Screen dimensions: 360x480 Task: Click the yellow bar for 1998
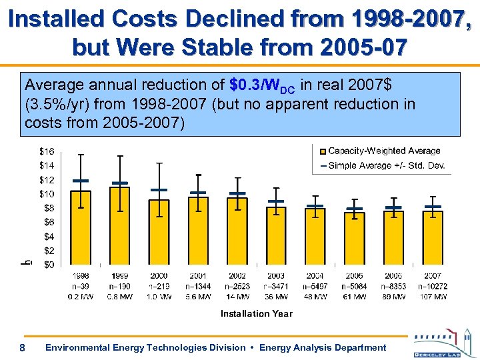coord(81,227)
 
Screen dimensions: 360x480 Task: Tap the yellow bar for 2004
coord(315,236)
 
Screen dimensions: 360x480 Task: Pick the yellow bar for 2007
coord(433,237)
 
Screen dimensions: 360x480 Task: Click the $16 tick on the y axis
coord(46,151)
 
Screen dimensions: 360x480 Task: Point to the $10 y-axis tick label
coord(46,194)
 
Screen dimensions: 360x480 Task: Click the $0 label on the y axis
coord(48,265)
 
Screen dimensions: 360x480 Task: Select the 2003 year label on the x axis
coord(275,276)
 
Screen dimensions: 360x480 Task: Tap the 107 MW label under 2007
coord(433,297)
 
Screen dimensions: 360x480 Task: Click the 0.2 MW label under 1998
coord(81,297)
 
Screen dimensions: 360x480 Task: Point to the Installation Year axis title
coord(256,313)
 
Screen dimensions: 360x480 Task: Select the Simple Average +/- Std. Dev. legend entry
coord(386,165)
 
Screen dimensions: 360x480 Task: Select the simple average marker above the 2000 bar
coord(159,190)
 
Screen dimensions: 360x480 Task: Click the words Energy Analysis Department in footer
coord(323,347)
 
